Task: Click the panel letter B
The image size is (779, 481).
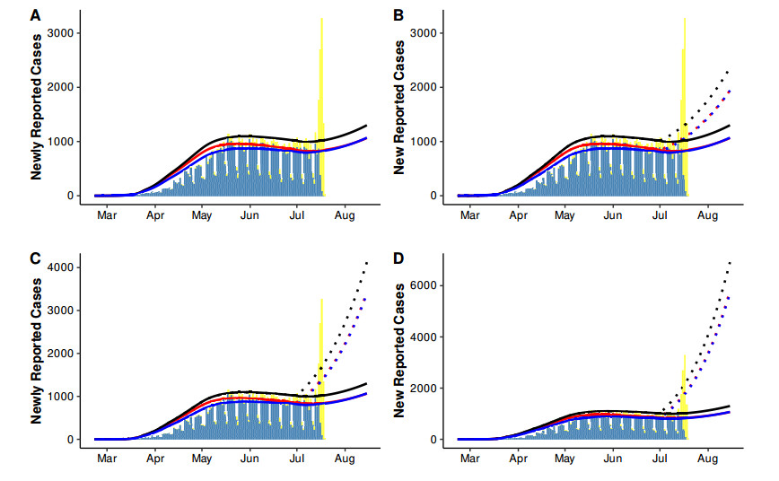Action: pos(398,15)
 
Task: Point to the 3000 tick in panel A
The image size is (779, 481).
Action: pos(59,33)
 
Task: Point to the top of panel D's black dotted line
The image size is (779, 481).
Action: pos(731,261)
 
